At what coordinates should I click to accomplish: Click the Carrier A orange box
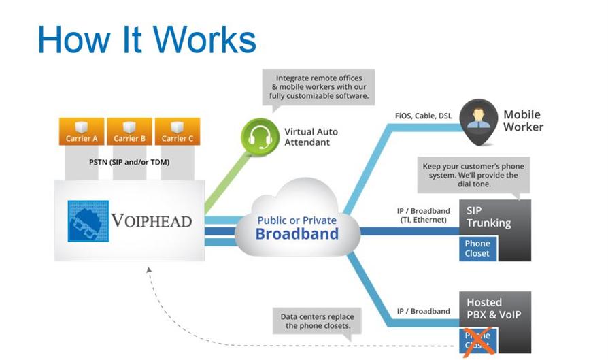(x=82, y=132)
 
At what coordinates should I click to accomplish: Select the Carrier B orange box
(x=129, y=132)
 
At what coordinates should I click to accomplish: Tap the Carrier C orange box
(x=178, y=132)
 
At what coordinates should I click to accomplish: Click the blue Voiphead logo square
(x=88, y=220)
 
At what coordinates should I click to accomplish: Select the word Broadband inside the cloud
(x=297, y=234)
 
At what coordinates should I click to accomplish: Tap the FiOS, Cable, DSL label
(x=422, y=116)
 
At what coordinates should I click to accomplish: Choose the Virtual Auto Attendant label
(x=311, y=137)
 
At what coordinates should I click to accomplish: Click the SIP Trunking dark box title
(x=488, y=216)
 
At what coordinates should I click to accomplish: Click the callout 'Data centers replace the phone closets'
(x=317, y=321)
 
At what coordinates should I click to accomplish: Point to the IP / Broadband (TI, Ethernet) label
(x=422, y=215)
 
